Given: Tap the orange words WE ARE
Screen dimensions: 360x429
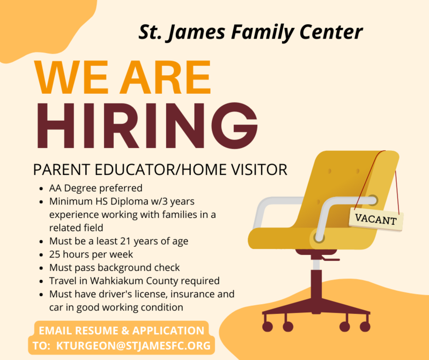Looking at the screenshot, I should (x=123, y=78).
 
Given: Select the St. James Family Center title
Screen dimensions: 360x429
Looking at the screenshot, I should (x=250, y=32).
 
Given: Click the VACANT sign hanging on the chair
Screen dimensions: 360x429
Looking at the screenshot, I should (x=376, y=219).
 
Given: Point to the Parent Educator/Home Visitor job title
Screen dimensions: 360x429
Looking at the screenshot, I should (x=160, y=170).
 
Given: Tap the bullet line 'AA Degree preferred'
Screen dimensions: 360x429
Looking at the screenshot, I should (x=95, y=188).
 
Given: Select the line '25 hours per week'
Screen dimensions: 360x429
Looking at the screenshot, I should (x=91, y=253).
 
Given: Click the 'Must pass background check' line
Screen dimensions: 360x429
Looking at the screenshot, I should (x=114, y=267).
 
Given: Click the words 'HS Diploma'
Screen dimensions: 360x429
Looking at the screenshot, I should (x=116, y=202).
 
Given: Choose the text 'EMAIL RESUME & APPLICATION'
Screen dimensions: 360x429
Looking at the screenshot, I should (x=121, y=330).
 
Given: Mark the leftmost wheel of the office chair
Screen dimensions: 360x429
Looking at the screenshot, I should (x=267, y=326).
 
